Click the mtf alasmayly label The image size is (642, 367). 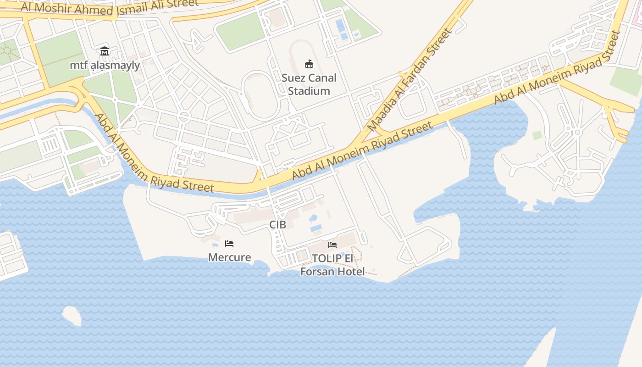point(105,65)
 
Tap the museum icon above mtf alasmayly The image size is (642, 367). point(105,51)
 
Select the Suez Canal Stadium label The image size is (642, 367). point(309,84)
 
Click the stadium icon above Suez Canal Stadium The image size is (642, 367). point(309,64)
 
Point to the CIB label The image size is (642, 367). point(277,225)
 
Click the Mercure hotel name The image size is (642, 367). point(229,257)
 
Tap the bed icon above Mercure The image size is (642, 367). point(229,244)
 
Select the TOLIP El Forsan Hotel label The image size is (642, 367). point(332,265)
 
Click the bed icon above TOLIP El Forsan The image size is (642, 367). point(332,245)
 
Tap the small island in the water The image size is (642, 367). point(72,316)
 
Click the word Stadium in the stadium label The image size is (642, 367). point(309,91)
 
